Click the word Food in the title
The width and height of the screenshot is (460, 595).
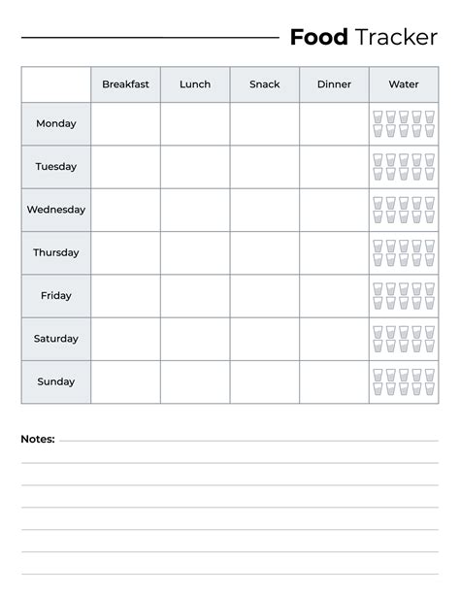click(318, 38)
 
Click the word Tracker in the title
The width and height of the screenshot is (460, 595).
click(396, 38)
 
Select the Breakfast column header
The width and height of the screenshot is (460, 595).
click(125, 84)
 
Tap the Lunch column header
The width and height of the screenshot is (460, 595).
click(195, 84)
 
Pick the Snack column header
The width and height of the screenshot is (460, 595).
click(264, 84)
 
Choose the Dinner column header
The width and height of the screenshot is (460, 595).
click(334, 84)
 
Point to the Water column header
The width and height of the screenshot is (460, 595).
click(404, 84)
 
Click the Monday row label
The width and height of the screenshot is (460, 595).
click(56, 124)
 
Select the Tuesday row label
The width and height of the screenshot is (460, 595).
click(56, 167)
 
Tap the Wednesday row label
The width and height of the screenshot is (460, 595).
click(56, 210)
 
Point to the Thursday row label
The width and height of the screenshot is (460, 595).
click(56, 252)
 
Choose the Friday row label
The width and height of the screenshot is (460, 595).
click(56, 296)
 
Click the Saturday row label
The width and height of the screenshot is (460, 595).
click(56, 339)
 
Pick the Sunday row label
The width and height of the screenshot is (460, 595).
click(56, 381)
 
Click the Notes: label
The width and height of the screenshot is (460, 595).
click(38, 440)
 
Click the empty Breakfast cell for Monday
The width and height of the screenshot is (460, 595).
click(125, 124)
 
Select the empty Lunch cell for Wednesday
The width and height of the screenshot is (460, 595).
click(195, 210)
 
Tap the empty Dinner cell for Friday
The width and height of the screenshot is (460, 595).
click(334, 296)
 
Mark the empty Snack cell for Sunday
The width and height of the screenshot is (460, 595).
click(264, 381)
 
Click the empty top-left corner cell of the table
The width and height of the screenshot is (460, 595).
click(56, 84)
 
